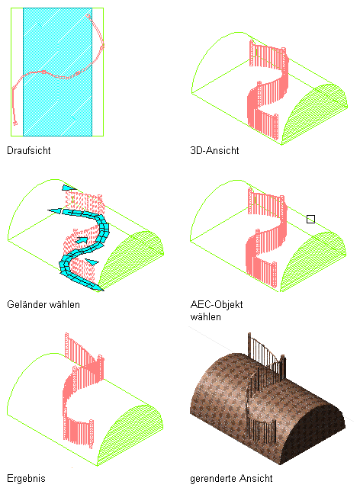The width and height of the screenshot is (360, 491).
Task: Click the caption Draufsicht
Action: click(x=28, y=150)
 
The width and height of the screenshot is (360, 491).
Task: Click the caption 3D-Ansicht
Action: click(x=214, y=150)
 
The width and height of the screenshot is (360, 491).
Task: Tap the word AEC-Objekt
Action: click(x=217, y=304)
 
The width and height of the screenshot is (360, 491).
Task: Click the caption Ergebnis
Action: click(x=26, y=479)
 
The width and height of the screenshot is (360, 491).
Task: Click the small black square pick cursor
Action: click(x=310, y=219)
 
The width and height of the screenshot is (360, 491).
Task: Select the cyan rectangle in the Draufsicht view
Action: click(x=58, y=72)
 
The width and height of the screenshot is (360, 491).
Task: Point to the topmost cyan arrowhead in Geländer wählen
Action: click(x=69, y=188)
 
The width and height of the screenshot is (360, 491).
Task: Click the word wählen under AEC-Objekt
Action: click(x=205, y=317)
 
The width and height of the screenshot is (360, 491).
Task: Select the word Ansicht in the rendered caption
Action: click(x=256, y=479)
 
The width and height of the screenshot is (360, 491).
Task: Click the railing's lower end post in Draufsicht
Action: click(x=15, y=124)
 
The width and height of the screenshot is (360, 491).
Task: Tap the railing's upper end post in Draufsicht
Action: click(x=88, y=16)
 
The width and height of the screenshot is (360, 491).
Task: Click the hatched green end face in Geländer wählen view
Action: click(x=132, y=262)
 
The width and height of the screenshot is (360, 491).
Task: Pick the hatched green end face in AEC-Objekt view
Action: click(x=313, y=262)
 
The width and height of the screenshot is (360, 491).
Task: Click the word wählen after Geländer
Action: click(x=63, y=304)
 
